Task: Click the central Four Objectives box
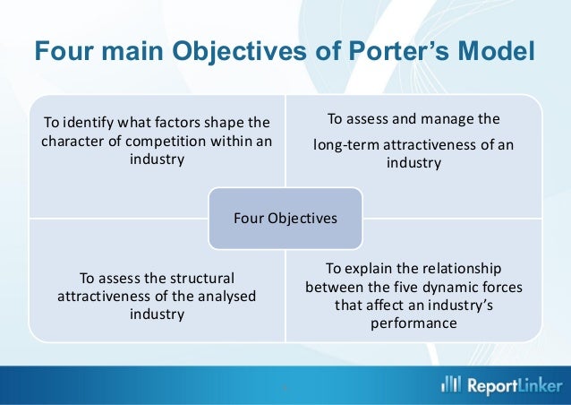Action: point(285,217)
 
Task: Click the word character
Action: point(72,142)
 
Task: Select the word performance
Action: point(413,324)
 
